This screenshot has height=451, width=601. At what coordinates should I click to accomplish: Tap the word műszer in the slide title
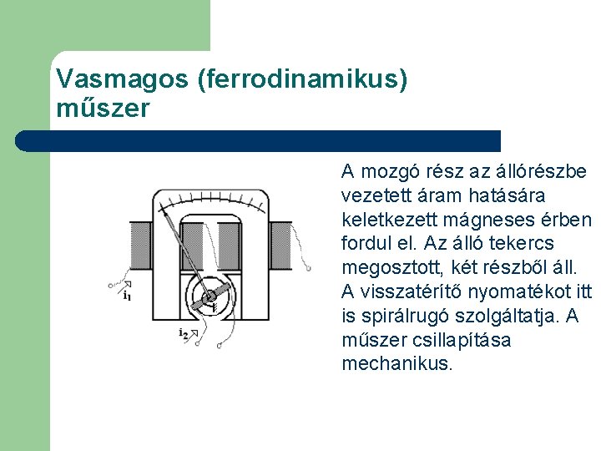103,109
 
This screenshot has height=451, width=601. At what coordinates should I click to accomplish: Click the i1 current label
127,295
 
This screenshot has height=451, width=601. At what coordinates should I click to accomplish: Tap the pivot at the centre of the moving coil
209,296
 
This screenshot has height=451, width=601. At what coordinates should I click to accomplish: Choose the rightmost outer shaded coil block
281,246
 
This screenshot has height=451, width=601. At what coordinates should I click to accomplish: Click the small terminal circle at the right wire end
309,268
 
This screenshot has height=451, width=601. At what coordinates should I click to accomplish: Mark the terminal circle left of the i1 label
111,286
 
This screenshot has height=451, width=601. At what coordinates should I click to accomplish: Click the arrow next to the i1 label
126,285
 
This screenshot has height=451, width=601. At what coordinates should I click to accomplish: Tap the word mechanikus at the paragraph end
396,365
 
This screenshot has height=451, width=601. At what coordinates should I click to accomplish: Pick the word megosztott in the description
389,268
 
